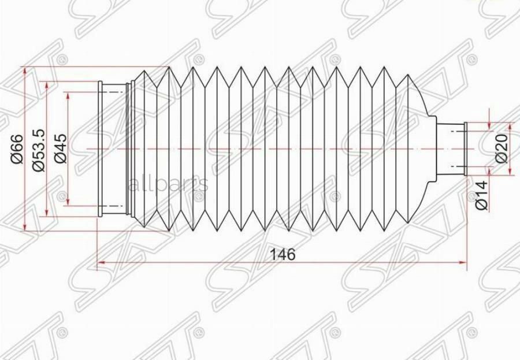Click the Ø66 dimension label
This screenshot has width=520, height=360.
point(17,149)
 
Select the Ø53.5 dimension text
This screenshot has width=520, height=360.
point(39,149)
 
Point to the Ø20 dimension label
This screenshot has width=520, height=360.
point(501,148)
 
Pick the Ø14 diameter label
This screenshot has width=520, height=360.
point(482,194)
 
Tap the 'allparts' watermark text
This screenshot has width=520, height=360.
point(167,185)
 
